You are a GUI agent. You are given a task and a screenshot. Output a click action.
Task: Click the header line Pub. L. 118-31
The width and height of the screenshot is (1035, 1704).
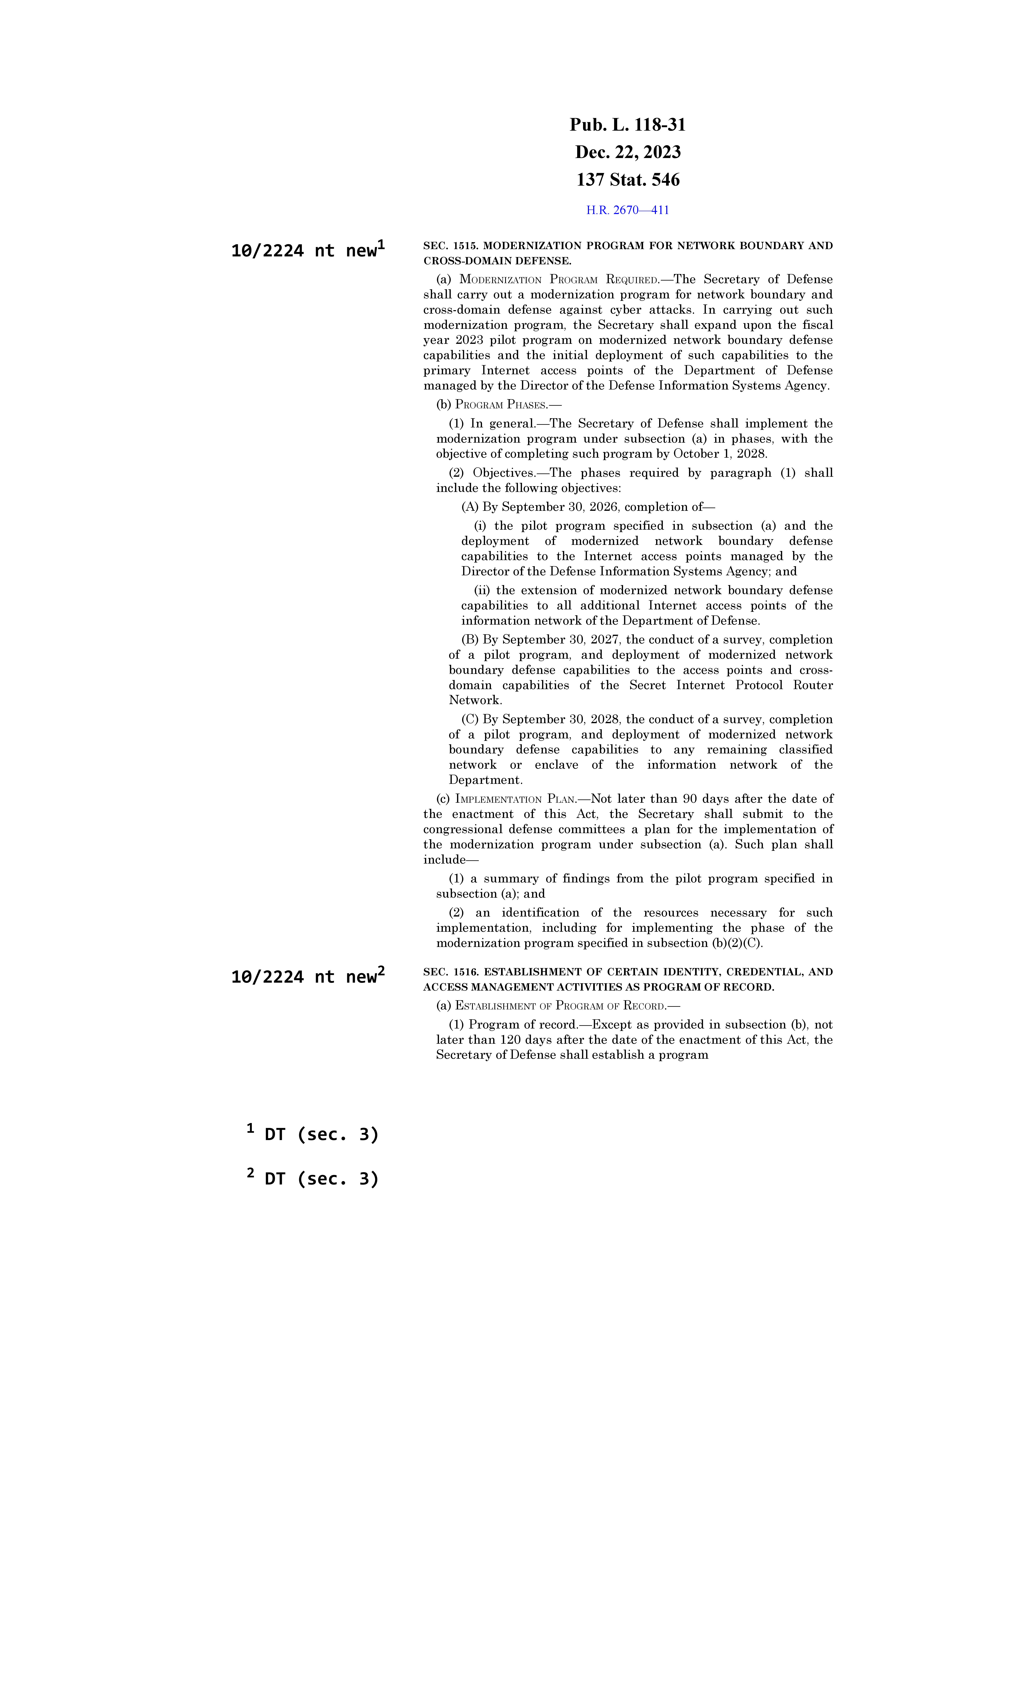pyautogui.click(x=627, y=125)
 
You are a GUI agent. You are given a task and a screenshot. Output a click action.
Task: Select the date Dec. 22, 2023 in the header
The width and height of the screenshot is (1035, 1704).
pyautogui.click(x=627, y=152)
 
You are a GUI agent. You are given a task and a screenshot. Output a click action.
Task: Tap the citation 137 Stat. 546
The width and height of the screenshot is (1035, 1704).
pyautogui.click(x=627, y=180)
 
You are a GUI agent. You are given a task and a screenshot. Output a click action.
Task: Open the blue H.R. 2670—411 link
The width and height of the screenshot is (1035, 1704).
pyautogui.click(x=627, y=210)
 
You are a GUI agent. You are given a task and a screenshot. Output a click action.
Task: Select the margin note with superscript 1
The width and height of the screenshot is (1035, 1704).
pyautogui.click(x=307, y=250)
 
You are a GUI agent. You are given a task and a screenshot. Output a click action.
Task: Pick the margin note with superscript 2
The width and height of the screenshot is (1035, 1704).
pyautogui.click(x=307, y=977)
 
